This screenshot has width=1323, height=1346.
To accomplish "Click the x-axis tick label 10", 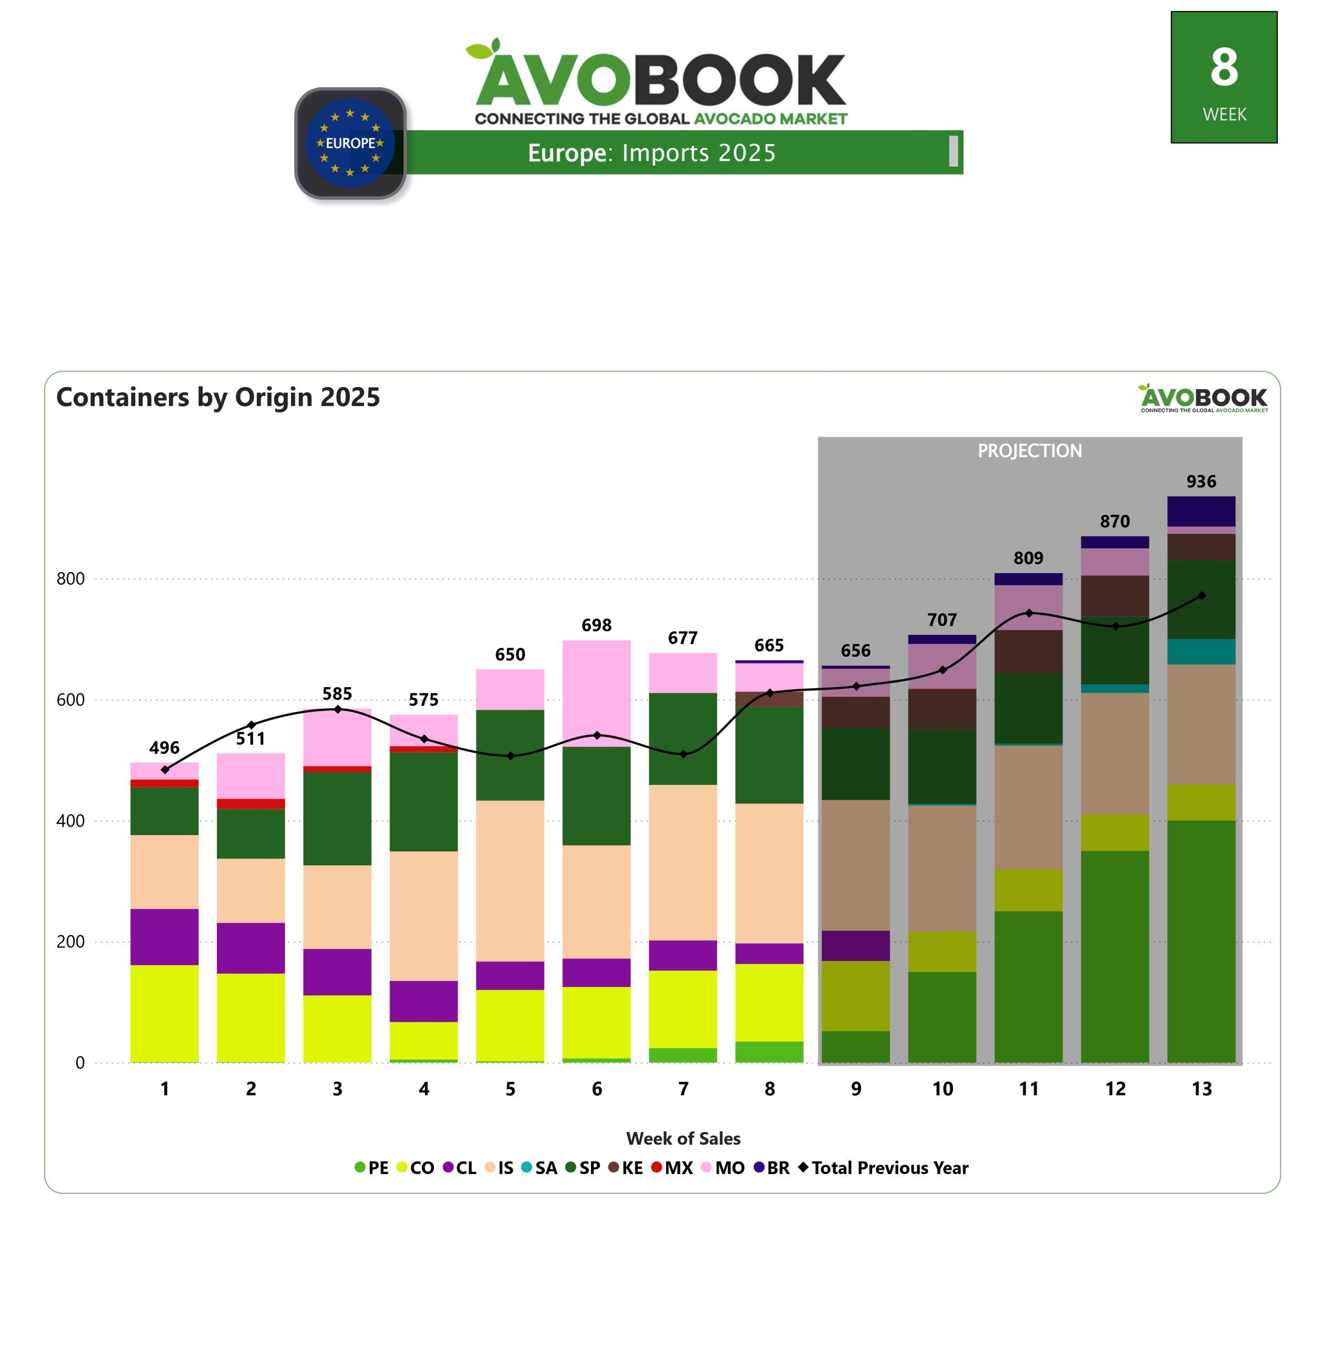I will click(942, 1089).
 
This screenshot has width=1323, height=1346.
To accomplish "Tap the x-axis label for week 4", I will click(424, 1089).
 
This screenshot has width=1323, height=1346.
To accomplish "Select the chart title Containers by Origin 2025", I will click(218, 397).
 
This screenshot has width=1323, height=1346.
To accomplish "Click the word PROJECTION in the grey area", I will click(1030, 451).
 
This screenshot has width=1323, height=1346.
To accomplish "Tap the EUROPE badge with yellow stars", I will click(350, 143).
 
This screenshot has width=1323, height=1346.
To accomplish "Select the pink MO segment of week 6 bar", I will click(596, 693).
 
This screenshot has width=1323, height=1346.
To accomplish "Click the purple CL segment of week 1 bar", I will click(164, 936).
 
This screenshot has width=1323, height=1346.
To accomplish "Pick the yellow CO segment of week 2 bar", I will click(251, 1017).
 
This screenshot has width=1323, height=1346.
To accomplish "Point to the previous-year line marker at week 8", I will click(770, 692).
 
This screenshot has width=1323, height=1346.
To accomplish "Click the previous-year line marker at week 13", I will click(1202, 596).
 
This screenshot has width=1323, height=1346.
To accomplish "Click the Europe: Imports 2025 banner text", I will click(651, 153).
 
